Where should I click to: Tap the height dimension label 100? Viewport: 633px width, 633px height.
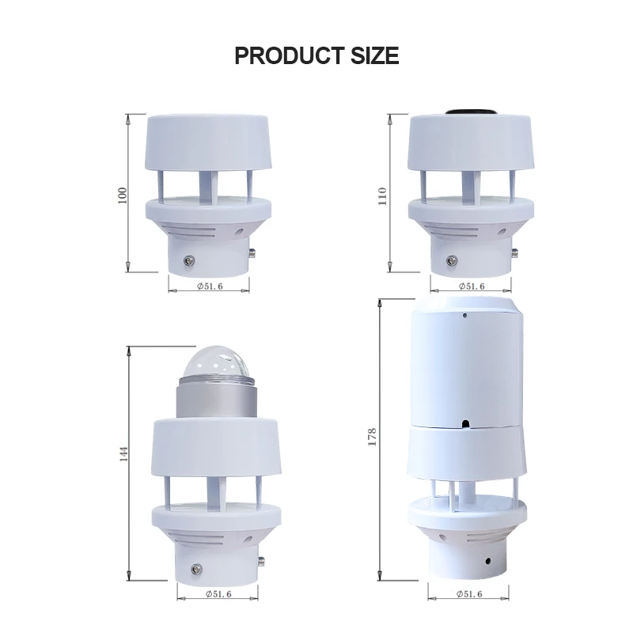pos(122,195)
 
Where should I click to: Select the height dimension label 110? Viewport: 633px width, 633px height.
pos(384,195)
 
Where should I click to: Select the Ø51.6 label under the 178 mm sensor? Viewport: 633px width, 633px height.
pos(470,593)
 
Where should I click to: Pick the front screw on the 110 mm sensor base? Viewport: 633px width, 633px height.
pos(452,260)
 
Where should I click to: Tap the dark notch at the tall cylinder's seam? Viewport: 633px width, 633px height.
pos(466,424)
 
